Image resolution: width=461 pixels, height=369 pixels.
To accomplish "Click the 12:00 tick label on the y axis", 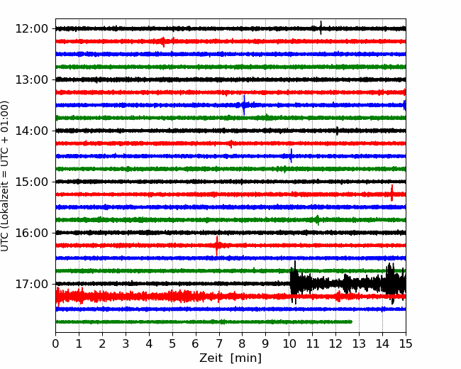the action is point(31,29).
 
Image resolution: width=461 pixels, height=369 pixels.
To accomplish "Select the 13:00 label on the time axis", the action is point(31,79).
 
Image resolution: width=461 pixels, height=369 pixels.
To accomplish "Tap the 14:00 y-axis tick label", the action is point(31,131).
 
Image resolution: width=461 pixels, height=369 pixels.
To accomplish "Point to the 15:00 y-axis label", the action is point(31,182).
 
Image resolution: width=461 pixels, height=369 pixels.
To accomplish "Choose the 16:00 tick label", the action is point(31,233).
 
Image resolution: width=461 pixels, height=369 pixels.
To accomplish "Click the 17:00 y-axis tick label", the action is point(31,284).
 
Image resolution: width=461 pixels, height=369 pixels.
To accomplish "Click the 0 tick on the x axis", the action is point(55,343).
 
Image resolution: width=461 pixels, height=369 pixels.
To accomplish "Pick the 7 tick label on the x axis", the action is point(218,343).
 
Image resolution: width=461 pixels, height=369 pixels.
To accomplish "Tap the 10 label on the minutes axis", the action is point(289,343).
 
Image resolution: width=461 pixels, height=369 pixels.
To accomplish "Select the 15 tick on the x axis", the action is point(406,343).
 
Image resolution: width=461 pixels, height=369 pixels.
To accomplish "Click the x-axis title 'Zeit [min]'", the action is point(230,358).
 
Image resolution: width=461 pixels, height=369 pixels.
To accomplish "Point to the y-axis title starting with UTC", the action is point(5,176).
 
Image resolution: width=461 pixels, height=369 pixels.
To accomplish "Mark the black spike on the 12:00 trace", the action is point(321,28).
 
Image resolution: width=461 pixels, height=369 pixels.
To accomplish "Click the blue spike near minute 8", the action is point(244,105).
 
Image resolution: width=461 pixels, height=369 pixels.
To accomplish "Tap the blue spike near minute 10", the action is point(291,155).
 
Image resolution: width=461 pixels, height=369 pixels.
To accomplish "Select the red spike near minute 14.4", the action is point(392,193).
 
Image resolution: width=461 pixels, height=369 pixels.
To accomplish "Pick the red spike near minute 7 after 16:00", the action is point(217,246).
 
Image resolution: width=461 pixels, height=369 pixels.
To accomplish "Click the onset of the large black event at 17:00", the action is point(291,283).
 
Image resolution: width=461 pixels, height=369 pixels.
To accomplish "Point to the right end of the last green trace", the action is point(352,321).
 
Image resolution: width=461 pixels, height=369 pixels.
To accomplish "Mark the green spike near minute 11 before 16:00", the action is point(317,220).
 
